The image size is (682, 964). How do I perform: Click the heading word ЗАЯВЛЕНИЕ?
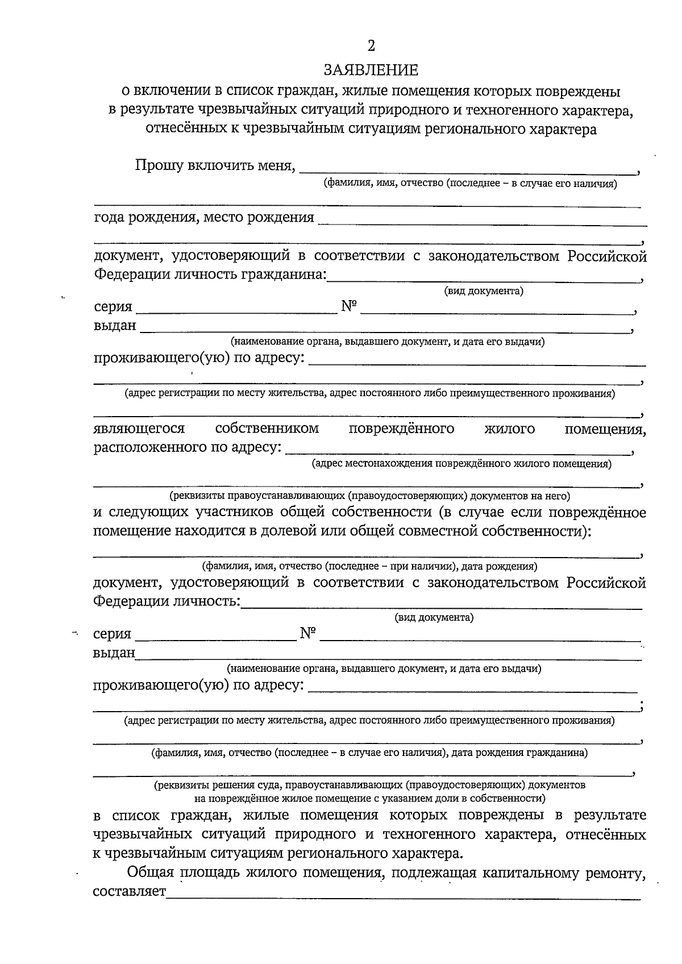[371, 70]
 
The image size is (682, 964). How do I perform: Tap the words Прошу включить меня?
[215, 166]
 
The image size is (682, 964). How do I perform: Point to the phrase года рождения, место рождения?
[204, 217]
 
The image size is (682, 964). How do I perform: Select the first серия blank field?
[236, 311]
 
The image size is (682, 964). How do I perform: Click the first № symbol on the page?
[349, 306]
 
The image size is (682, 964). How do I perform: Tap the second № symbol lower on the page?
[307, 633]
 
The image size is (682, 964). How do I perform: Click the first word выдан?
[115, 326]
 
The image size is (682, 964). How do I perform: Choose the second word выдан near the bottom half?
[114, 653]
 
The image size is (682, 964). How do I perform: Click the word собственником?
[267, 429]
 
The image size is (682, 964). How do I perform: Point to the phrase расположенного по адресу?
[188, 447]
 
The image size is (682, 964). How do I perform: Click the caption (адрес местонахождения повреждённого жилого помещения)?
[461, 464]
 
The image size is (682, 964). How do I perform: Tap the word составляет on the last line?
[130, 891]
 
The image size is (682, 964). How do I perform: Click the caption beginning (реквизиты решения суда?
[369, 785]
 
